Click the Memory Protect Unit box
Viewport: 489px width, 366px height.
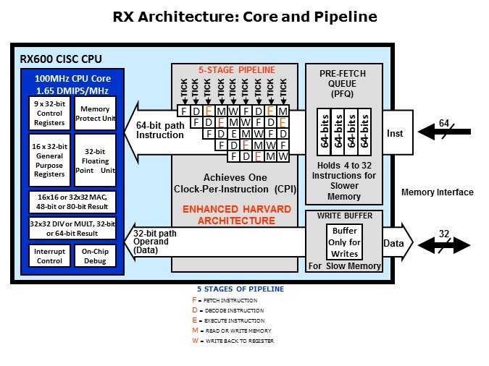[95, 114]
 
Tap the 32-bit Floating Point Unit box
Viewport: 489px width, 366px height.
[95, 160]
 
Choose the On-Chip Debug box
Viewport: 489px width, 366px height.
[95, 255]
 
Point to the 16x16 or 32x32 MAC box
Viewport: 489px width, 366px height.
[73, 200]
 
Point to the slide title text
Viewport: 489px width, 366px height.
[245, 16]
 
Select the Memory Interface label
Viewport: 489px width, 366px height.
[438, 192]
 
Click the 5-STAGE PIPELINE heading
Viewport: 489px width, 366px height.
[237, 69]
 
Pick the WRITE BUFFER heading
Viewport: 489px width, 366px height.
[344, 215]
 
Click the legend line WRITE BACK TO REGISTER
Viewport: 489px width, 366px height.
[232, 341]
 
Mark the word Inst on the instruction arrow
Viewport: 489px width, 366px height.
[395, 133]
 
